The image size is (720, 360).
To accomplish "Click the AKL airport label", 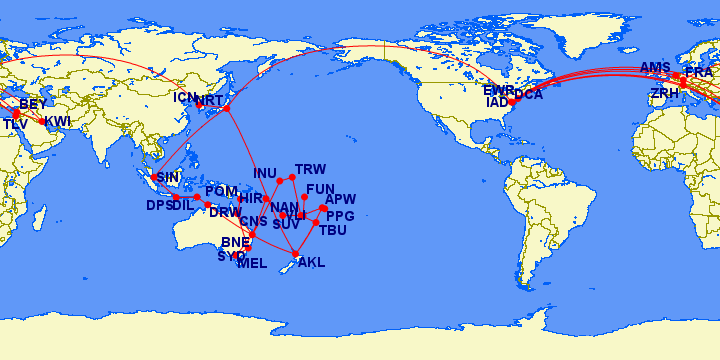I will tap(312, 263).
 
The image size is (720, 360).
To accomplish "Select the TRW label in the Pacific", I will tap(311, 169).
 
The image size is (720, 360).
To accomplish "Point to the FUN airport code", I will tap(320, 189).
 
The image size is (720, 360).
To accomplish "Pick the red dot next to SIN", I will tap(154, 178).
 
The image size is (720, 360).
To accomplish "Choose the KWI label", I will tap(57, 121).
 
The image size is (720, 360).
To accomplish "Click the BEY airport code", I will tap(33, 104).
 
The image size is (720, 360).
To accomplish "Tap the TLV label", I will tap(15, 124).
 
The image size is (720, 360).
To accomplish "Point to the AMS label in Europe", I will tap(655, 68).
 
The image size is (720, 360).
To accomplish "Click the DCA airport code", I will tap(528, 95).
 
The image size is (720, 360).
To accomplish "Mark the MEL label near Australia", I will tap(252, 263).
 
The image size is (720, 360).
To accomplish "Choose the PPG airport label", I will tap(340, 216).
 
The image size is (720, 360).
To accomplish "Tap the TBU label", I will tap(332, 230).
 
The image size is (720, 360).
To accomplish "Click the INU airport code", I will tap(265, 173).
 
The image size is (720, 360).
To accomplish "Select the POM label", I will tap(221, 191).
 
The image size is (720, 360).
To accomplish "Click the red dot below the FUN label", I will tap(304, 198).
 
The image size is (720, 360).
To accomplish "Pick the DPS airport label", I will tap(159, 205).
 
